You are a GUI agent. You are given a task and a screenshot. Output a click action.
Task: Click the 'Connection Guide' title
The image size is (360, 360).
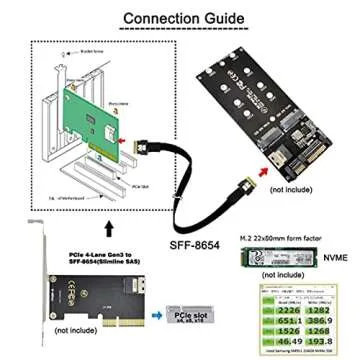180,18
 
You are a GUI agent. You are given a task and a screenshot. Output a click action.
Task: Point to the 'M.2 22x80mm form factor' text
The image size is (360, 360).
282,238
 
